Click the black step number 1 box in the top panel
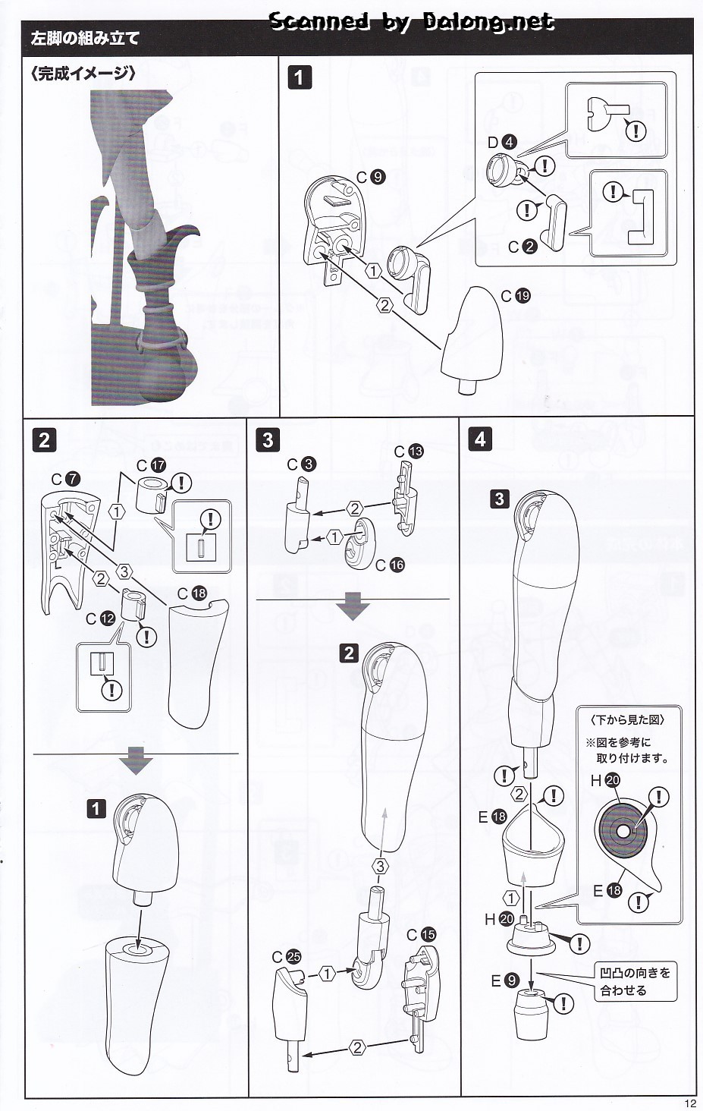click(300, 77)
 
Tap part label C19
click(516, 296)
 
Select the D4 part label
click(501, 142)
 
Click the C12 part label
click(99, 618)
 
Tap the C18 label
click(192, 593)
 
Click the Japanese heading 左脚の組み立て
click(85, 38)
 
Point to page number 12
click(689, 1103)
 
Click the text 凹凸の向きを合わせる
click(634, 981)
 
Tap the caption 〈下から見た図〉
click(626, 719)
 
